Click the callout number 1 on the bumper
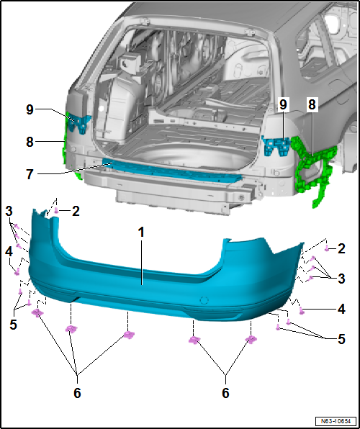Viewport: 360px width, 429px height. coord(142,232)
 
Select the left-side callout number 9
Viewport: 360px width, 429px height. coord(30,109)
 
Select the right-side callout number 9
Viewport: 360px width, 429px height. coord(284,104)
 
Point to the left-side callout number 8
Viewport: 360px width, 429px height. coord(30,143)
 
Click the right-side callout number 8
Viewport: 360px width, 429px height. coord(312,104)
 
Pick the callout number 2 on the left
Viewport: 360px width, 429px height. coord(75,210)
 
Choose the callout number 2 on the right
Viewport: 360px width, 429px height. coord(341,248)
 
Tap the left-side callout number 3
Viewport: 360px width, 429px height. coord(9,210)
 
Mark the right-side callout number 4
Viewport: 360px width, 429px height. coord(341,309)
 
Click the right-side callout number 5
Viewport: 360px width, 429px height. coord(341,338)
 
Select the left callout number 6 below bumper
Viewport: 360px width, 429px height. coord(77,393)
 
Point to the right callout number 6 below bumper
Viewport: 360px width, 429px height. coord(225,393)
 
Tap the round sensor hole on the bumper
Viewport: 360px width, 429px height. coord(203,299)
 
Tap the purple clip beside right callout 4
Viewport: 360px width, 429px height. coord(302,310)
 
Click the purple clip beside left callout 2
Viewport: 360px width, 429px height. coord(57,211)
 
